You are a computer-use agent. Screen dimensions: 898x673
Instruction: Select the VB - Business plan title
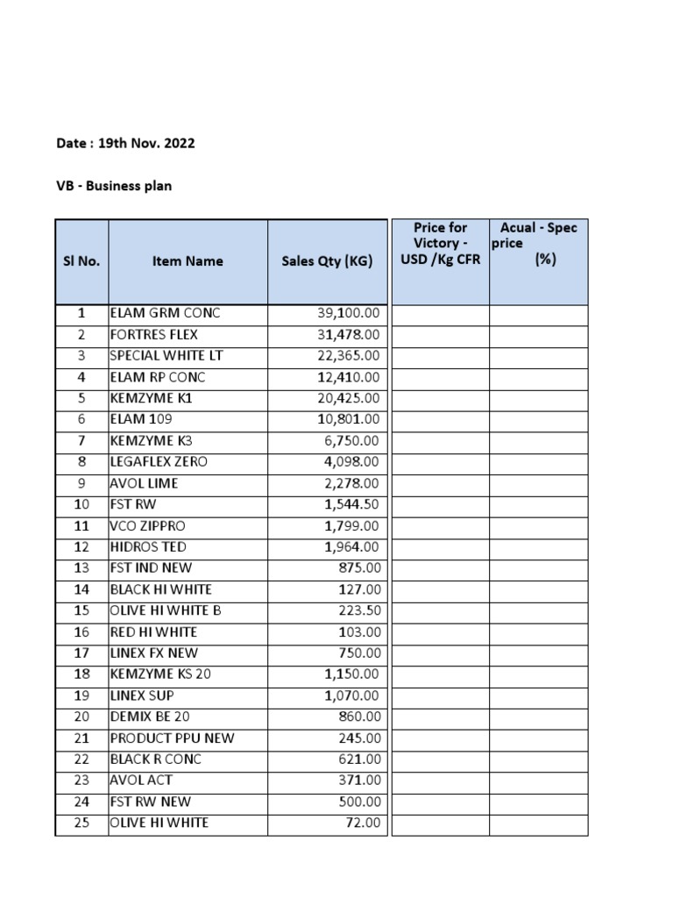point(114,186)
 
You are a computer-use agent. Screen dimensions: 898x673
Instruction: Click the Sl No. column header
point(81,261)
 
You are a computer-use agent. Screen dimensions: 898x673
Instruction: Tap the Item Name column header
point(188,261)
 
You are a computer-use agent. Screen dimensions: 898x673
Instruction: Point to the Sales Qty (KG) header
point(327,261)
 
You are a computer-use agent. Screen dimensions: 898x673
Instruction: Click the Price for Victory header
point(440,243)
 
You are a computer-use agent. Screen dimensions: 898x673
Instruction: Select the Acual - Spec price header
point(538,243)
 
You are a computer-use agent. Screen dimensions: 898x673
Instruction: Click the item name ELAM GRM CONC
point(165,313)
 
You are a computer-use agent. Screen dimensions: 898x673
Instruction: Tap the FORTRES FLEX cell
point(154,334)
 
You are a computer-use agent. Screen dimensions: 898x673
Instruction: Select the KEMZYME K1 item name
point(151,398)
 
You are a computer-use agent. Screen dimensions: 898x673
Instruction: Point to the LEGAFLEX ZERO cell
point(159,461)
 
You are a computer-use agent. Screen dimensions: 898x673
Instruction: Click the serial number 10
point(81,504)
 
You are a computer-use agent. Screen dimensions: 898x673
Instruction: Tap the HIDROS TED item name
point(148,546)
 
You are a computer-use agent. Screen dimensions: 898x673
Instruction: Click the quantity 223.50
point(359,610)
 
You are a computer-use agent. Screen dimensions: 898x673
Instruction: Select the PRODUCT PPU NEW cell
point(172,738)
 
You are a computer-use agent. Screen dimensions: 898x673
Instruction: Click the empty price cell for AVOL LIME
point(440,483)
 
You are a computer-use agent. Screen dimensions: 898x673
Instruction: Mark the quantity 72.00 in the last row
point(364,823)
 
